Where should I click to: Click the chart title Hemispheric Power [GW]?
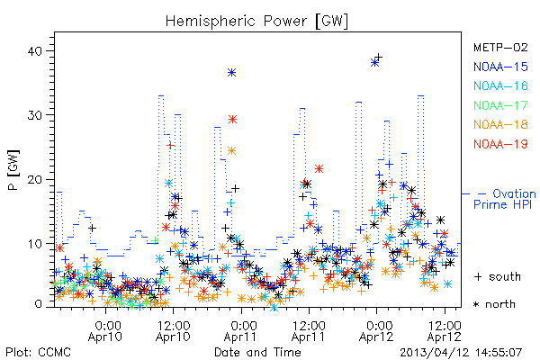coord(256,22)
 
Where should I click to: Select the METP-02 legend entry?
coord(500,47)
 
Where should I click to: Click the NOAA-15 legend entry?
coord(500,67)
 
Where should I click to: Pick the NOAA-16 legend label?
coord(500,85)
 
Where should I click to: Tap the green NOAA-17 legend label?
coord(500,105)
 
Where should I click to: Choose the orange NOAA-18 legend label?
coord(500,124)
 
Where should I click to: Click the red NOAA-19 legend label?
coord(500,144)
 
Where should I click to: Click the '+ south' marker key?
coord(498,276)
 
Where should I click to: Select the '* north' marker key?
coord(494,304)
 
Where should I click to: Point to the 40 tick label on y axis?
coord(34,51)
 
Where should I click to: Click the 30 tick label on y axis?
coord(34,115)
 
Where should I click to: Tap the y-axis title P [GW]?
coord(13,170)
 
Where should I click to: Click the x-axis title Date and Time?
coord(257,352)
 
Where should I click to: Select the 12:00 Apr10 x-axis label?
coord(173,331)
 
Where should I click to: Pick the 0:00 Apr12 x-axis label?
coord(376,331)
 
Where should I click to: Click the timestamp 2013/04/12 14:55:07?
coord(461,353)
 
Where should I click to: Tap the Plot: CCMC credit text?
coord(38,352)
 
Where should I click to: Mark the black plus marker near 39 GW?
coord(379,57)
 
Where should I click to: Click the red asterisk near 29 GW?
coord(233,120)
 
